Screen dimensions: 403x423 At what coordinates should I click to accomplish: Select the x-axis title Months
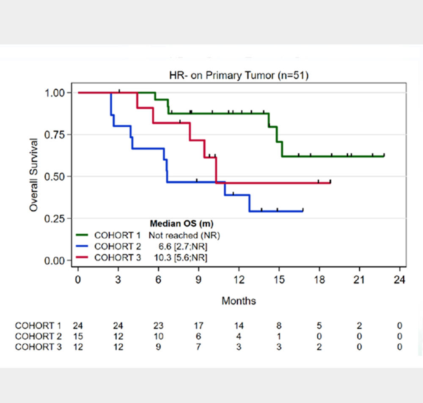pos(239,301)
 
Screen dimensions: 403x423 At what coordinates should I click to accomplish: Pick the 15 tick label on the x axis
pos(279,280)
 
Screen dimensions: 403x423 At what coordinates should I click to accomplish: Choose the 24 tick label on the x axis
pos(399,280)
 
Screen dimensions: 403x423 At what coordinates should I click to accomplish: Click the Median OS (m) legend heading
pos(178,223)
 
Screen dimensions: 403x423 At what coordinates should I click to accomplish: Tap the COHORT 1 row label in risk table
pos(38,326)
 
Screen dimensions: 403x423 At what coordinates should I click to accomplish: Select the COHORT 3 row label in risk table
pos(38,347)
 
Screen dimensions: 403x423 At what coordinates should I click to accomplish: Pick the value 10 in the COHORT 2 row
pos(158,336)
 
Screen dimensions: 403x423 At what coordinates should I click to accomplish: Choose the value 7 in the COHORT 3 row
pos(198,347)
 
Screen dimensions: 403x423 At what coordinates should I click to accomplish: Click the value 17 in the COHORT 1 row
pos(198,326)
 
